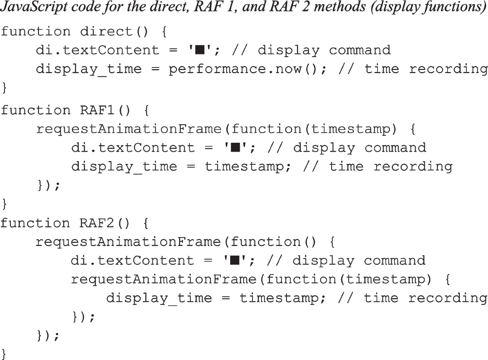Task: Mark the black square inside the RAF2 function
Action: pos(234,260)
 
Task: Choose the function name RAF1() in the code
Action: pos(107,110)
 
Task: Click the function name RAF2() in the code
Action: pos(107,223)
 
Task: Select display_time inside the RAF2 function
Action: pos(159,298)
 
